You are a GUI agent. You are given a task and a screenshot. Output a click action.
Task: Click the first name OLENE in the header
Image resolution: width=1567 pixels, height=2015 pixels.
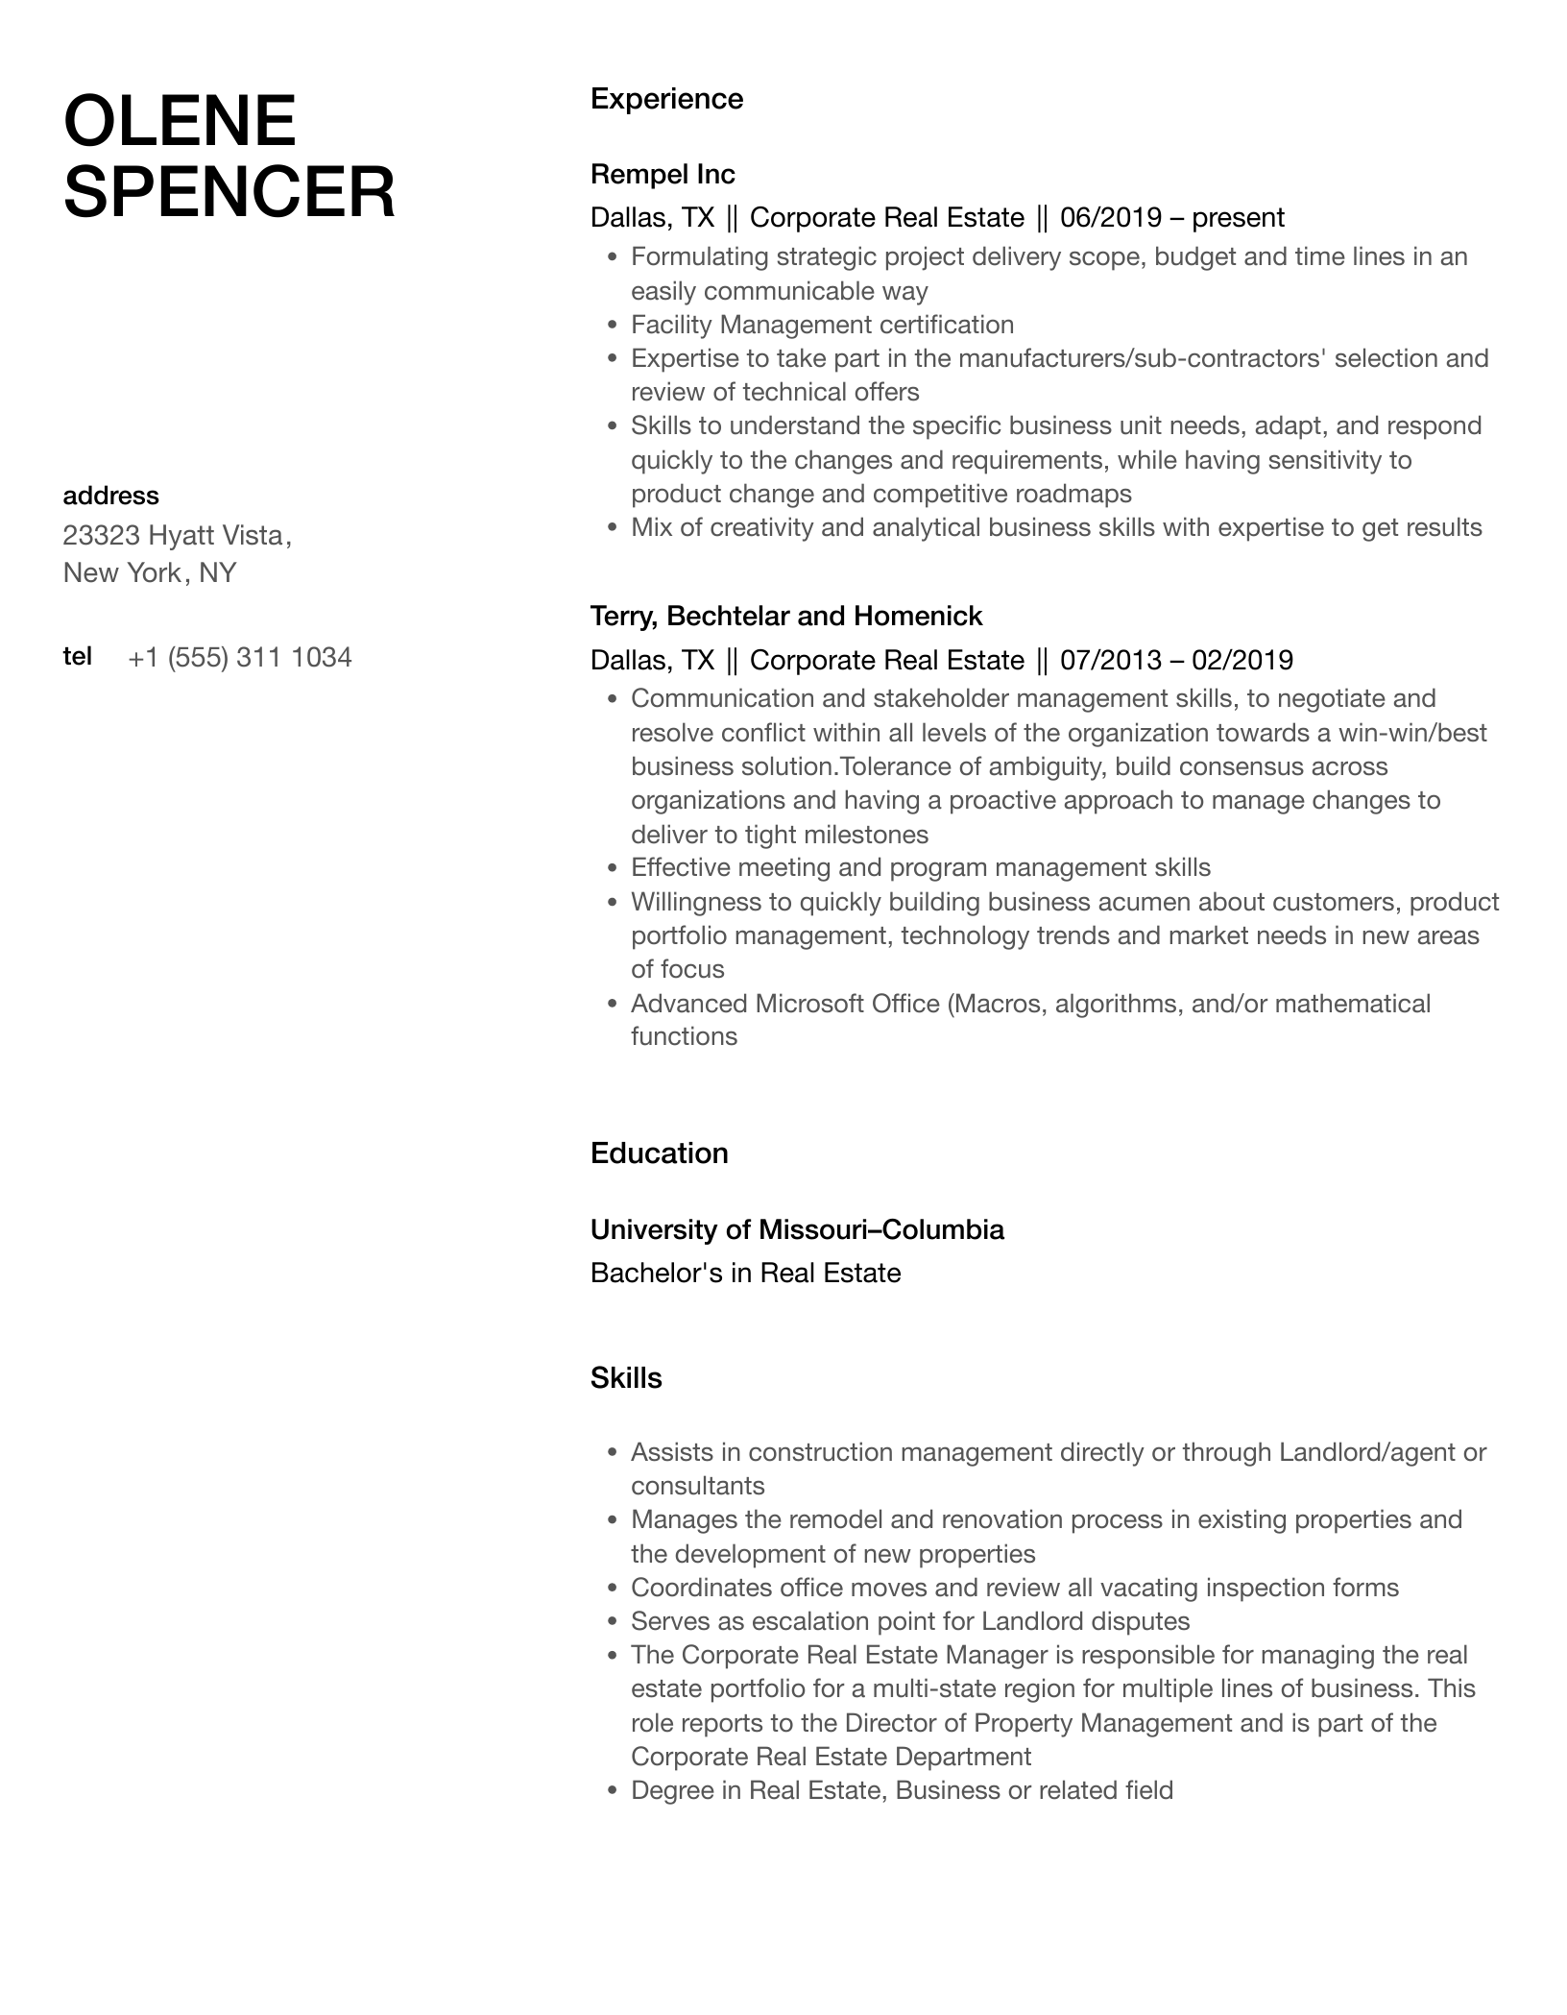point(180,121)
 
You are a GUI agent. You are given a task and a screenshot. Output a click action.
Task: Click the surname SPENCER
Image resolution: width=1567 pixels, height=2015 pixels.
point(229,192)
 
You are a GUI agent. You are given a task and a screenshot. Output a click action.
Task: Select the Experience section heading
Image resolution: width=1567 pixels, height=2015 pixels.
point(666,99)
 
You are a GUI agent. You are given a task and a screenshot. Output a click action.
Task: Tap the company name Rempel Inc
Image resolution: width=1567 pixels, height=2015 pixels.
point(663,175)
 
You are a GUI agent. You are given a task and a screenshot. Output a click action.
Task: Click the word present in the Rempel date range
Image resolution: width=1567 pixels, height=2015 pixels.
point(1238,218)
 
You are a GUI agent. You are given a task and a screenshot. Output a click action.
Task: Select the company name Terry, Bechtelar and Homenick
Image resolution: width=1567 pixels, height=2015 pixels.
point(786,616)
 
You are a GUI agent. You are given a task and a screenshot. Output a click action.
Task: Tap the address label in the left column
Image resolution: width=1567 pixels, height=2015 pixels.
point(110,496)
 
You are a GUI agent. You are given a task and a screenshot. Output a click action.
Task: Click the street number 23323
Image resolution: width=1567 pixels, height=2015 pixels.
point(101,535)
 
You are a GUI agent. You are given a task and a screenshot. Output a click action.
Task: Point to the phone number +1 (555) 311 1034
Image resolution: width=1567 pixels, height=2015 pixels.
point(239,658)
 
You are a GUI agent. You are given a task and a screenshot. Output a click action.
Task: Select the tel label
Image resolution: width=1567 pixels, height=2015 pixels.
point(77,657)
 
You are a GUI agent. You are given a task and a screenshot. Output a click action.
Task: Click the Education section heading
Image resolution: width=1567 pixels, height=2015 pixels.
point(659,1153)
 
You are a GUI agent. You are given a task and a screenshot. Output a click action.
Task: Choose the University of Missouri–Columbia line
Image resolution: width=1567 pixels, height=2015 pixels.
point(797,1229)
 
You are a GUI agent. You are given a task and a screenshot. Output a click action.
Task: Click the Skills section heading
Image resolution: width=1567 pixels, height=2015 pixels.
point(626,1378)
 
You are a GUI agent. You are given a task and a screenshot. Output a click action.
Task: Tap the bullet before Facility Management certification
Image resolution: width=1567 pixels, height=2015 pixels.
point(612,326)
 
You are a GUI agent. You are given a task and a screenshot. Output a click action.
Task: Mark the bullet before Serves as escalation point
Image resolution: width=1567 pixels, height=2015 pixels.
point(612,1622)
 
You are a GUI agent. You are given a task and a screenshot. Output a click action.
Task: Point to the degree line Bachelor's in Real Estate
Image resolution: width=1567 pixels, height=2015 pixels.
point(745,1274)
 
